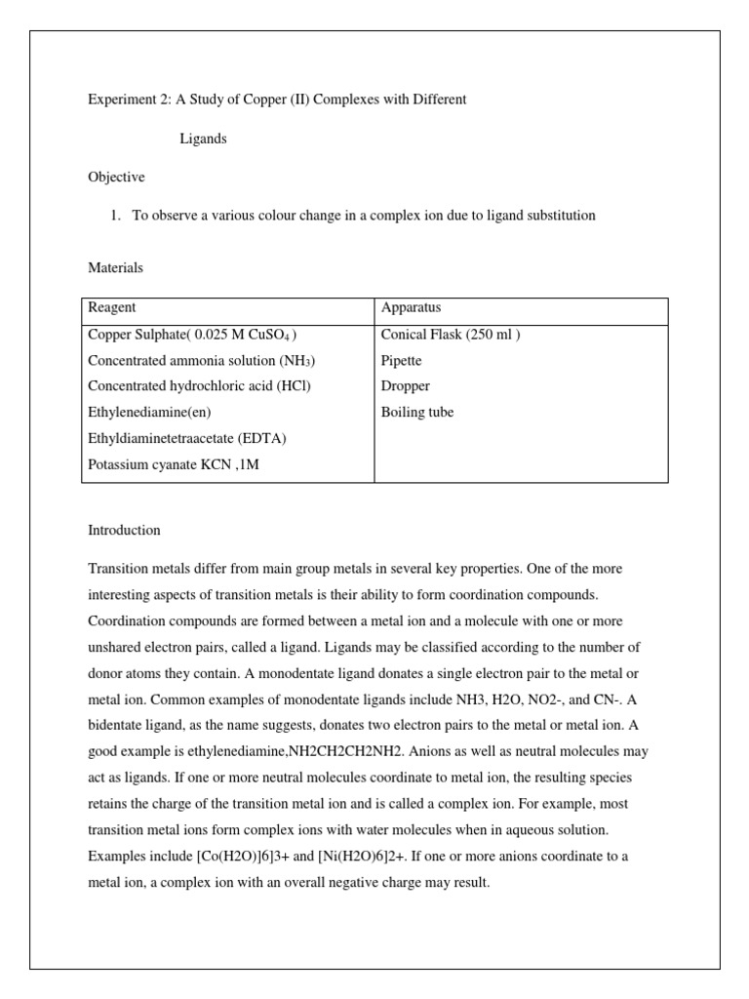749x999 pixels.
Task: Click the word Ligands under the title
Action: (203, 139)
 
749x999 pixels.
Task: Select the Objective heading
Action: (116, 177)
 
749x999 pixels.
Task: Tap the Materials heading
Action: (115, 267)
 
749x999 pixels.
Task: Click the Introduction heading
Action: (124, 531)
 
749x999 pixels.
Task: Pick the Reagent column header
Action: (112, 308)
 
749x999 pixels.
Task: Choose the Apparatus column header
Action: (412, 308)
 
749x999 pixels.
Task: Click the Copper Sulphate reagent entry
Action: (192, 335)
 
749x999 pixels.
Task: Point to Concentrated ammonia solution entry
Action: (201, 361)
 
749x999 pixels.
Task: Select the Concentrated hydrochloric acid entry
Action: (199, 386)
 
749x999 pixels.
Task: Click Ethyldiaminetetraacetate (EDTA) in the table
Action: (187, 438)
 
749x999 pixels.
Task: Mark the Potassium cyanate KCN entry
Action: (174, 464)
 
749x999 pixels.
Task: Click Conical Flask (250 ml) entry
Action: (451, 335)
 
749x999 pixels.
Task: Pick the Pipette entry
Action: (401, 361)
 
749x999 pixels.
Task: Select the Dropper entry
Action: (405, 386)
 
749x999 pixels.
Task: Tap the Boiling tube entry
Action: (416, 413)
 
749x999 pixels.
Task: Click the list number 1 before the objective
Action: (117, 216)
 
